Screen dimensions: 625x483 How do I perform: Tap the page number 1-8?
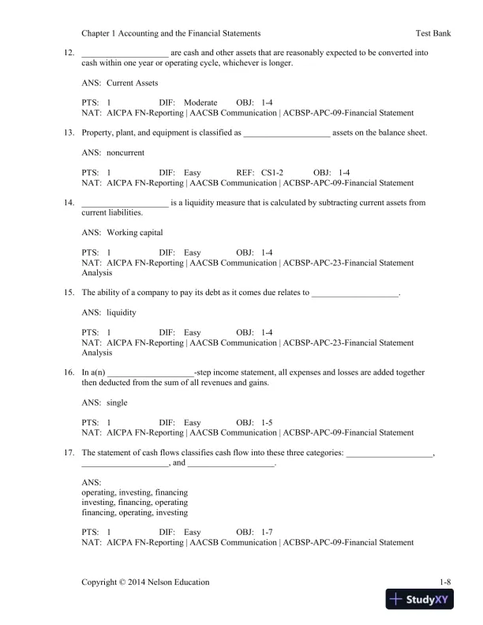tap(445, 582)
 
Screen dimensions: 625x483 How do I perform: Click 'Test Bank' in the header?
tap(432, 34)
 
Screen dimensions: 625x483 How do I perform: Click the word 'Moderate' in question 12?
tap(200, 103)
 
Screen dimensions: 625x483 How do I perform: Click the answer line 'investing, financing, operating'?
tap(135, 502)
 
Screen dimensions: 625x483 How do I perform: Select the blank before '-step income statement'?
tap(150, 372)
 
